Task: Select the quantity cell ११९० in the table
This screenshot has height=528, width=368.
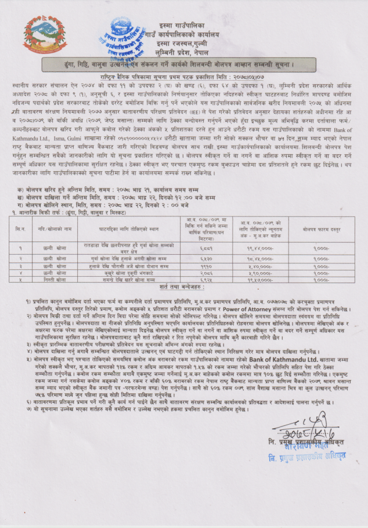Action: (x=197, y=265)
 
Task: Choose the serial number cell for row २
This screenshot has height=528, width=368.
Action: (x=21, y=258)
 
